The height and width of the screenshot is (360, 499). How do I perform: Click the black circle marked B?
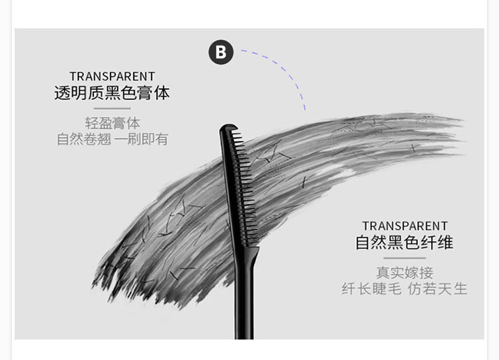point(221,52)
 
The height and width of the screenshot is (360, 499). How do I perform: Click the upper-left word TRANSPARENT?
point(112,77)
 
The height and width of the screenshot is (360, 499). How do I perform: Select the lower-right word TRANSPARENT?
point(405,226)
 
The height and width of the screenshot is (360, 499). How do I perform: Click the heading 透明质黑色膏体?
point(112,93)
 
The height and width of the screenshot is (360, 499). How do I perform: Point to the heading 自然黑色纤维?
point(405,242)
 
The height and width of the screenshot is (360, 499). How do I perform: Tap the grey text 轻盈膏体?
point(112,123)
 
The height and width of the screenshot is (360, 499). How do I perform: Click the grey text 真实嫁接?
point(405,273)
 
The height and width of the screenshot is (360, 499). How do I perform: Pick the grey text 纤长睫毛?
point(370,289)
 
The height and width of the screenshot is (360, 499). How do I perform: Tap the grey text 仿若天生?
point(438,289)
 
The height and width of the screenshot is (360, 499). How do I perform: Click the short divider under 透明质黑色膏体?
point(112,108)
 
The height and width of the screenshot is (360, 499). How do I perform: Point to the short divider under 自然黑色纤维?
point(405,258)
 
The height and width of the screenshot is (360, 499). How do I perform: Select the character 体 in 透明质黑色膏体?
point(162,93)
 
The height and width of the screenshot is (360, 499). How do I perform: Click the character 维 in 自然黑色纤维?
point(446,242)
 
